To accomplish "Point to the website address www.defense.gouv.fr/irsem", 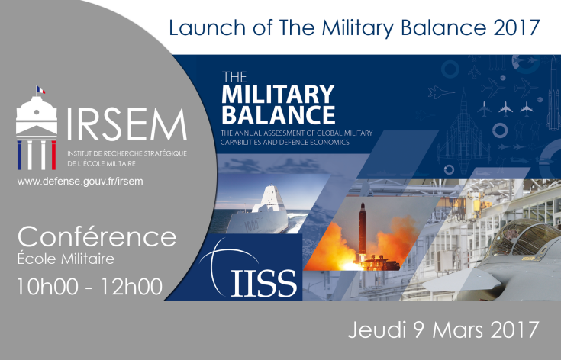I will pyautogui.click(x=80, y=182).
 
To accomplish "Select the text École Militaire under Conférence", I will pyautogui.click(x=66, y=259).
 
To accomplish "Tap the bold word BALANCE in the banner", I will pyautogui.click(x=277, y=115).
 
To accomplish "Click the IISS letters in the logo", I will pyautogui.click(x=264, y=281).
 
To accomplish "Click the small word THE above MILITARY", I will pyautogui.click(x=232, y=77).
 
